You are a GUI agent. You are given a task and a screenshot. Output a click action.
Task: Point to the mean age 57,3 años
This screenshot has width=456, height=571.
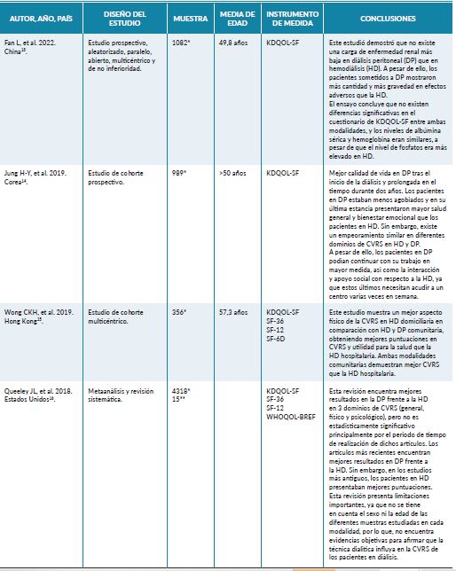[x=232, y=314]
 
